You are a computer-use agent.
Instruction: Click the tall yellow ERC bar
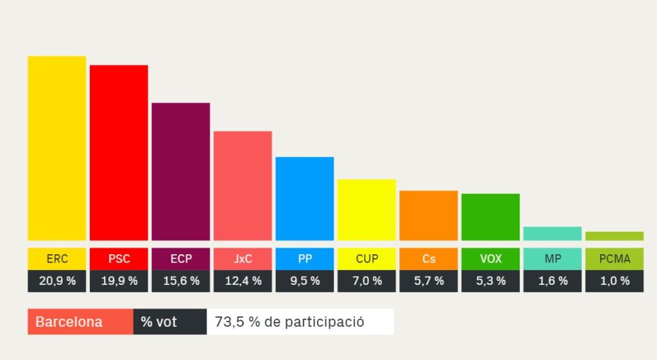click(x=56, y=148)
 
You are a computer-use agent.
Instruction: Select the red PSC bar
click(x=119, y=153)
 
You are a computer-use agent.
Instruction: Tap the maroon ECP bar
click(x=181, y=171)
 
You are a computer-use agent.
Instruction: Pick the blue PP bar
click(x=305, y=198)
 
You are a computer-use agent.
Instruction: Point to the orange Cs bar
click(x=429, y=216)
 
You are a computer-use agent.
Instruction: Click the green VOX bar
click(x=490, y=217)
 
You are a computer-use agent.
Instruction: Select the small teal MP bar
click(x=552, y=234)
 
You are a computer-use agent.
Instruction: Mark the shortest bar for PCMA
click(x=614, y=236)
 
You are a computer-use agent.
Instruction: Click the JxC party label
click(x=243, y=259)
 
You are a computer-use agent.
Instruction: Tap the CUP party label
click(x=366, y=259)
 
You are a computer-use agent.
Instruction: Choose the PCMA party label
click(x=614, y=259)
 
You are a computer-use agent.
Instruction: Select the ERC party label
click(x=56, y=259)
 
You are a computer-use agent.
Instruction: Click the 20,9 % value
click(x=56, y=281)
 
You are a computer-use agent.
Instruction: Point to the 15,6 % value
click(x=181, y=281)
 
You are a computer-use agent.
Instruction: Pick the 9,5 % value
click(x=305, y=281)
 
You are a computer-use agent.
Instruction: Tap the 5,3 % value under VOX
click(x=490, y=281)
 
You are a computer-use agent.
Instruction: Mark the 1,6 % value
click(x=552, y=281)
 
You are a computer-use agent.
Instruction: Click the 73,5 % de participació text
click(x=300, y=322)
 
